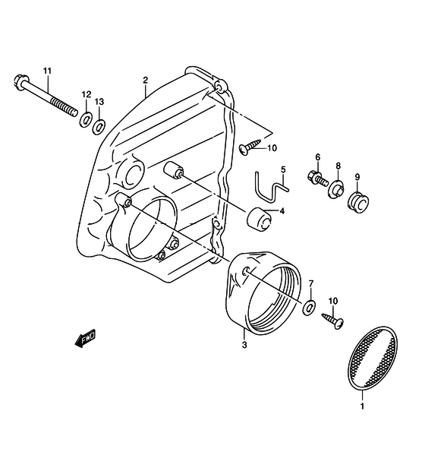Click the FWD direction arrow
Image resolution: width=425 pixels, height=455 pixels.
(86, 338)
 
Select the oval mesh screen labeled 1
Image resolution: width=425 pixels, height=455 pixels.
(373, 358)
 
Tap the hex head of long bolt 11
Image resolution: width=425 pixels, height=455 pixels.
(21, 82)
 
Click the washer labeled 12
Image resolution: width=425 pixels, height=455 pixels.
(86, 119)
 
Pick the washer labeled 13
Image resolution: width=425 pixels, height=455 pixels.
(99, 127)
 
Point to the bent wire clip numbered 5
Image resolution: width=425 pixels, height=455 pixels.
(271, 187)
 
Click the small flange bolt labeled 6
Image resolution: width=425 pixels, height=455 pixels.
(318, 179)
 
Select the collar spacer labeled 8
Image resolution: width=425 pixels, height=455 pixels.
(336, 189)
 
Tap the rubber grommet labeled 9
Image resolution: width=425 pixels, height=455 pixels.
(358, 201)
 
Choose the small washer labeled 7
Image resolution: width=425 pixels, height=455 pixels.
(309, 308)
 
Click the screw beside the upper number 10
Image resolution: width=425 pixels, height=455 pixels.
(250, 147)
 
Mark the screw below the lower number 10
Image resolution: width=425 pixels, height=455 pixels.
(333, 321)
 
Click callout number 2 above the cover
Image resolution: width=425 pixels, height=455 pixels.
(145, 80)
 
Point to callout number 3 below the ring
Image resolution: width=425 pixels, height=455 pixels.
(244, 345)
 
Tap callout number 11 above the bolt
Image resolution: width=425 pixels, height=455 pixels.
(47, 71)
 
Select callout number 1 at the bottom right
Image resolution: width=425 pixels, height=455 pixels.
(362, 406)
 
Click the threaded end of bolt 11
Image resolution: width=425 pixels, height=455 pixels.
(65, 106)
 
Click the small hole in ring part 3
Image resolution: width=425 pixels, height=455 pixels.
(245, 270)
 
